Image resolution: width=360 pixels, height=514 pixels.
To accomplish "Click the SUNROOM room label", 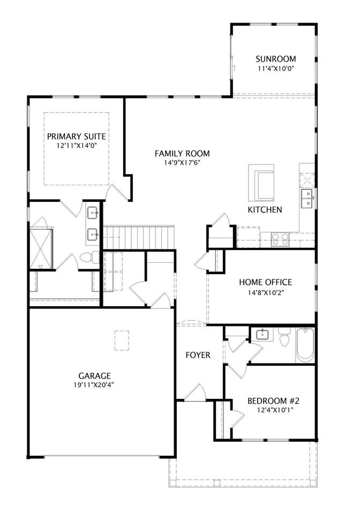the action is tap(275, 59).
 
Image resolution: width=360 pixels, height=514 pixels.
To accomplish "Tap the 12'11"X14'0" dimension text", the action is tap(77, 145).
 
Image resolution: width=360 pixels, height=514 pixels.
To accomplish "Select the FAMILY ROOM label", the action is tap(182, 154).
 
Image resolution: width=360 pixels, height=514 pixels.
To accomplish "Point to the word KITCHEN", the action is tap(265, 209).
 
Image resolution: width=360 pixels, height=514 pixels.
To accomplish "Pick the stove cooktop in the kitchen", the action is tap(280, 239).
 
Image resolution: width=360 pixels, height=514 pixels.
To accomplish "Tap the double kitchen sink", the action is tap(307, 198).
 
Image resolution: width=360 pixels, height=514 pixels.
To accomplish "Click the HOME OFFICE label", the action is tap(265, 282).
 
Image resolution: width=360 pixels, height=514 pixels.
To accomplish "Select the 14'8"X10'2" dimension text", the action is tap(265, 292).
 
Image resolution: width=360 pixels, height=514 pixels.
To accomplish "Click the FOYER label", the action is tap(198, 355).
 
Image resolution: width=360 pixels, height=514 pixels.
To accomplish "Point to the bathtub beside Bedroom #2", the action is tap(305, 345).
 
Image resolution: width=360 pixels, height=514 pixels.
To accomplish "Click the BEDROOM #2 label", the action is tap(273, 401).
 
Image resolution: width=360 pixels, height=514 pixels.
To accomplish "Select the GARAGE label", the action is tap(94, 376).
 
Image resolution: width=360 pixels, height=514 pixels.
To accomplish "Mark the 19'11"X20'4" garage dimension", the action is tap(94, 385).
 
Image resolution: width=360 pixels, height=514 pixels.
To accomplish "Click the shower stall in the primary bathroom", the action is tap(41, 249).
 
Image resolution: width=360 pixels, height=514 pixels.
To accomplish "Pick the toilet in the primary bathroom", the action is tap(89, 257).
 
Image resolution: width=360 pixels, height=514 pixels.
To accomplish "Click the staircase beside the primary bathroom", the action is tap(138, 237).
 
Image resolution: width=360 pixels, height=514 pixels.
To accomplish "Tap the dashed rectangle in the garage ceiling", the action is tap(122, 341).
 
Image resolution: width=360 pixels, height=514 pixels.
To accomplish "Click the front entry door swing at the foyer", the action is tap(196, 392).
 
